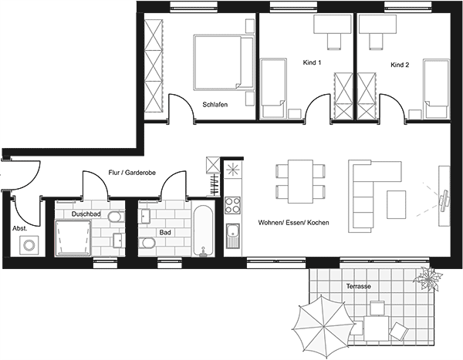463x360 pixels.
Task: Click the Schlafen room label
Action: pos(215,105)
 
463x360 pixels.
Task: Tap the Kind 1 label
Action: pos(312,62)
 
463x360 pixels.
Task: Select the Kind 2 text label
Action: pos(400,65)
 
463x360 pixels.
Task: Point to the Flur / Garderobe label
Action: pos(132,173)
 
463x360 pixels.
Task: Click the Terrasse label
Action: pos(359,286)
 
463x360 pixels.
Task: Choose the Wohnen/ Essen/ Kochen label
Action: pos(293,223)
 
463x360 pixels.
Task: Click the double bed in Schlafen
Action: pos(224,62)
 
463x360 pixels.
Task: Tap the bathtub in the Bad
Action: pos(203,230)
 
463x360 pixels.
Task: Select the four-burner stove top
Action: pos(233,205)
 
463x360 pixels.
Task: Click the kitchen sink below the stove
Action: pos(233,235)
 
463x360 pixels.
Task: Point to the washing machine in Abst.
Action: pos(29,245)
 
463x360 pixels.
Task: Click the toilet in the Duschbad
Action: pos(116,217)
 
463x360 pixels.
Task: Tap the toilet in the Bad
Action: pos(147,243)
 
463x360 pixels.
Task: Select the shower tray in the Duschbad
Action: pos(73,238)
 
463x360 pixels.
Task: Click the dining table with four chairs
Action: pos(301,181)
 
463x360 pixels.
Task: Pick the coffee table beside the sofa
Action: pos(397,205)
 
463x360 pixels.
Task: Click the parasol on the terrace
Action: pos(323,327)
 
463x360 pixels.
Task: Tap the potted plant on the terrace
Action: pos(428,278)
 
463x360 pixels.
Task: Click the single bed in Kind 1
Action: pos(273,88)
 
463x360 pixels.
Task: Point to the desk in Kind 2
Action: pos(377,25)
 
